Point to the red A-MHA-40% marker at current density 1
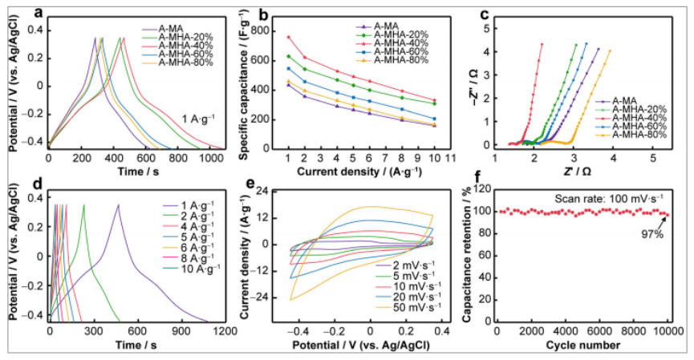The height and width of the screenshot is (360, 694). point(288,37)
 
